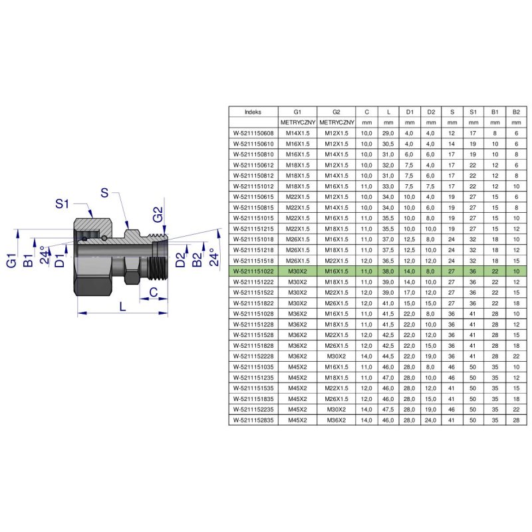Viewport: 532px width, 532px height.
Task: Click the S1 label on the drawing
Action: pyautogui.click(x=62, y=203)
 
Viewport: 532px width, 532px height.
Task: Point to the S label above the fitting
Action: pyautogui.click(x=104, y=193)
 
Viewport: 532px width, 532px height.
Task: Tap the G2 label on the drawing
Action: pyautogui.click(x=158, y=215)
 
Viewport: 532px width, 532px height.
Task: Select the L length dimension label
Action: pyautogui.click(x=122, y=307)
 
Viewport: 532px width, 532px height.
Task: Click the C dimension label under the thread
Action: pyautogui.click(x=154, y=291)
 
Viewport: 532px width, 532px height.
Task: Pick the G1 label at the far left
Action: pyautogui.click(x=11, y=260)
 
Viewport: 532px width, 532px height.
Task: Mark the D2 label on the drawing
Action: pyautogui.click(x=181, y=259)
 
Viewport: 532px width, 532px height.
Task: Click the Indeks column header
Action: pyautogui.click(x=253, y=112)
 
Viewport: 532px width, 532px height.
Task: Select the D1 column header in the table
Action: pyautogui.click(x=410, y=112)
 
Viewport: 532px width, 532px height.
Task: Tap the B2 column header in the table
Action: pyautogui.click(x=516, y=112)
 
